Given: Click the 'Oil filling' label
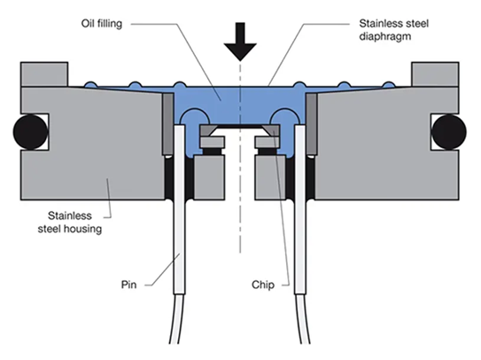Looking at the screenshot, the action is tap(102, 24).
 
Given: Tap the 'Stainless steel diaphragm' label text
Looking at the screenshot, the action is tap(393, 30).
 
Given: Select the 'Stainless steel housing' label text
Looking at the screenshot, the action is tap(70, 222).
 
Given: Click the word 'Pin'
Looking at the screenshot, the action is tap(128, 285).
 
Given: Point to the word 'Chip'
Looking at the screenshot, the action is tap(263, 285).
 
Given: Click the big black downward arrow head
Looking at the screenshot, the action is tap(240, 51).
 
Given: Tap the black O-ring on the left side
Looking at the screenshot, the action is tap(31, 132).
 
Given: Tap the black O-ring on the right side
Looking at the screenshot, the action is tap(449, 132).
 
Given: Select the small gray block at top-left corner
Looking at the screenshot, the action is tap(44, 74).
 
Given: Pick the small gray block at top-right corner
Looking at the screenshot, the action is tap(435, 74).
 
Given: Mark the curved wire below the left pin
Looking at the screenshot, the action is tap(177, 319).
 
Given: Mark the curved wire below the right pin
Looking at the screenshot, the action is tap(302, 319).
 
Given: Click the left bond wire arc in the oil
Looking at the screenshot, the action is tap(195, 111).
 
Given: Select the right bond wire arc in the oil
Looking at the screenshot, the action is tap(284, 111).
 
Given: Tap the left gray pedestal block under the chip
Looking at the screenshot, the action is tap(210, 177).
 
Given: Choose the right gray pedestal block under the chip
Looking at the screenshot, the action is tap(270, 177).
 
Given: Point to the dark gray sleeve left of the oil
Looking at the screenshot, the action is tap(167, 123).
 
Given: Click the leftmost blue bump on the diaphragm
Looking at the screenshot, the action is tap(91, 84).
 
